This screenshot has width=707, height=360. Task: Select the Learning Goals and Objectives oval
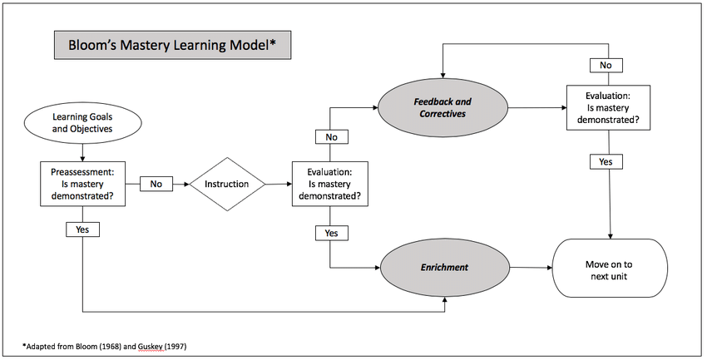(x=82, y=124)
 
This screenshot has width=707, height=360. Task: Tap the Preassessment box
(x=82, y=184)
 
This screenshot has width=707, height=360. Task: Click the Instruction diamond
(x=227, y=183)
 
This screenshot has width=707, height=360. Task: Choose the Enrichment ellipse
(x=443, y=267)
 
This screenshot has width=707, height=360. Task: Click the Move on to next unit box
(x=612, y=269)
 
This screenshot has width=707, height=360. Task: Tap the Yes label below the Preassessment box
(x=82, y=228)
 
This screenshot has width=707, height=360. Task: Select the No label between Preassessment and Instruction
(x=156, y=183)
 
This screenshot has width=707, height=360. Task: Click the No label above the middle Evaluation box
(x=331, y=136)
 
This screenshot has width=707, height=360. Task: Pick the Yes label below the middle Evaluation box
(x=331, y=233)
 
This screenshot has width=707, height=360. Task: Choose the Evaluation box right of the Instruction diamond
(x=331, y=184)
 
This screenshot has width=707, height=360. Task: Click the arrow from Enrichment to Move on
(x=532, y=268)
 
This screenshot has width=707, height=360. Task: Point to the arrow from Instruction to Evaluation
(x=277, y=183)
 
